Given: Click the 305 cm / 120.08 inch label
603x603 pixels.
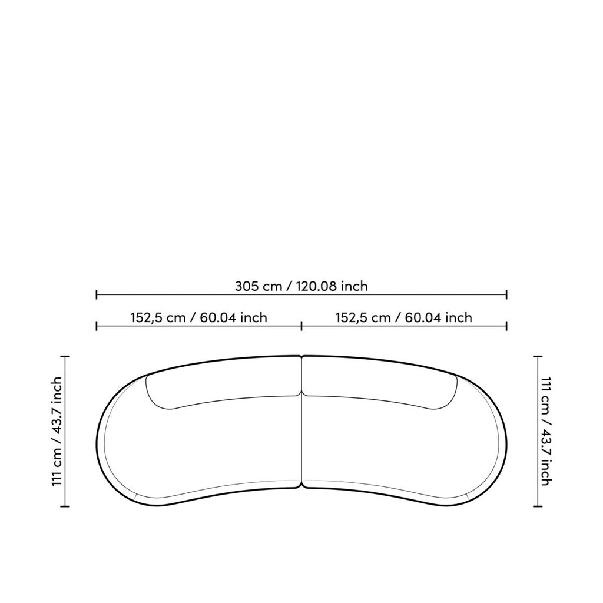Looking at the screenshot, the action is coord(301,286).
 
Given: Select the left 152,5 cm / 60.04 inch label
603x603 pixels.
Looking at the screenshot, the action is coord(198,317).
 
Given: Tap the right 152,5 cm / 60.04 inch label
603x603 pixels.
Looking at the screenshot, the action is coord(403,317).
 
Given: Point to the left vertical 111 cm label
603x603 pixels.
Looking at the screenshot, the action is coord(57,431).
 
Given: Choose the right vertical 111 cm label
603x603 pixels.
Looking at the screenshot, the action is coord(546,431).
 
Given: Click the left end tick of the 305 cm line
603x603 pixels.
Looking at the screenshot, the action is coord(97,295).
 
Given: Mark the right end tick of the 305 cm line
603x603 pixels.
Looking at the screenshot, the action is coord(506,295).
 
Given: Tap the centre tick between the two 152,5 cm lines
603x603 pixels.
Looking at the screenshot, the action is coord(301,326).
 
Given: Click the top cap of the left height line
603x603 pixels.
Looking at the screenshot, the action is coord(65,356).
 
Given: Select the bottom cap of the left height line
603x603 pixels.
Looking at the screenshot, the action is coord(65,506).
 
